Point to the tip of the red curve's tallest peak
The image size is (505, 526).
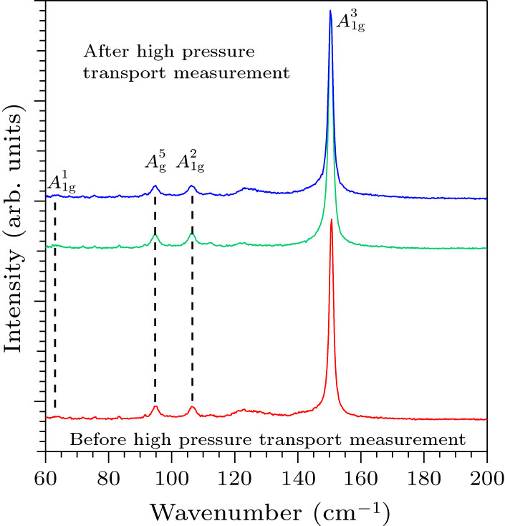tap(331, 220)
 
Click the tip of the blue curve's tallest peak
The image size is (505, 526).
tap(330, 11)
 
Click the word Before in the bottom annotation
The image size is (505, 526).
tap(93, 437)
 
